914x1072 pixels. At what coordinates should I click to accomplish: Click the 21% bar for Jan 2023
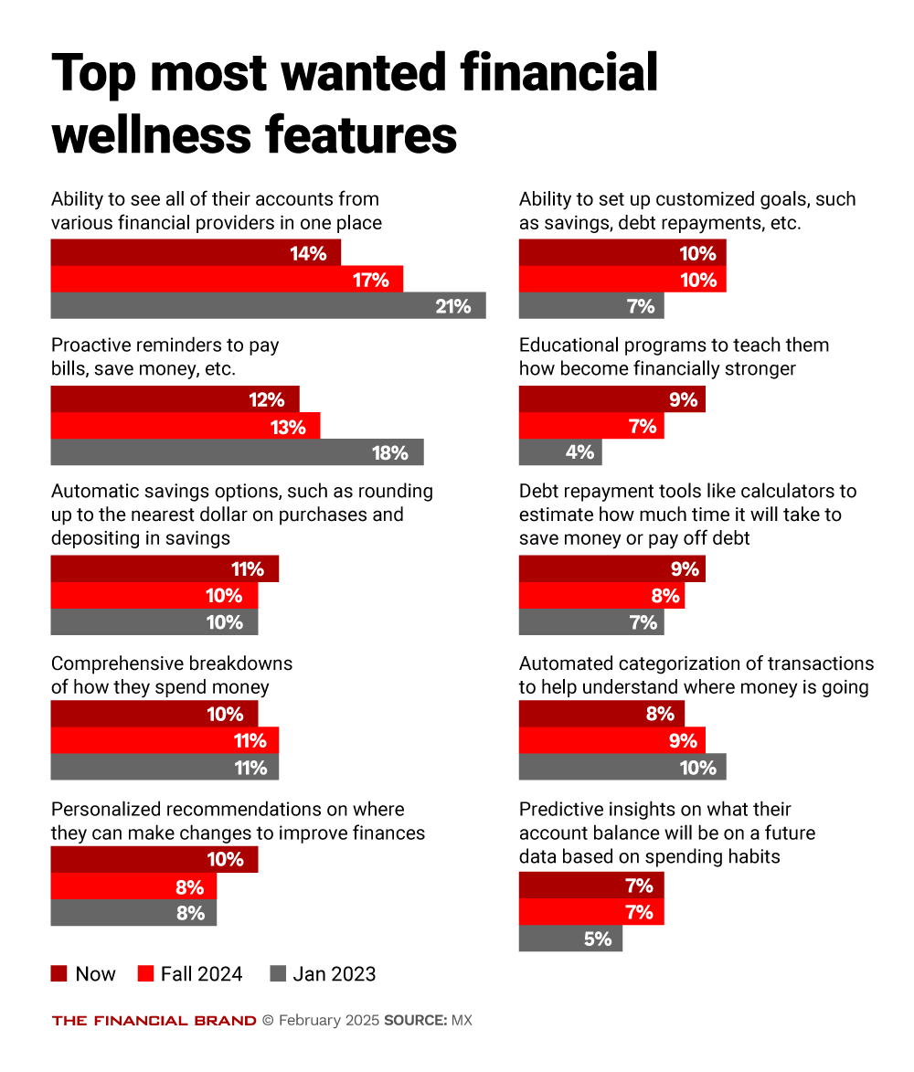pyautogui.click(x=268, y=306)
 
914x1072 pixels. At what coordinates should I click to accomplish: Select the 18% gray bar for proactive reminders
pyautogui.click(x=237, y=452)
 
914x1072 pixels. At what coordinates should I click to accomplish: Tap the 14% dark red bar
pyautogui.click(x=196, y=253)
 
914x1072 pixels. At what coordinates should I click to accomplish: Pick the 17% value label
pyautogui.click(x=371, y=280)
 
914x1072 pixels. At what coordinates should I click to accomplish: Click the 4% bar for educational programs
pyautogui.click(x=560, y=452)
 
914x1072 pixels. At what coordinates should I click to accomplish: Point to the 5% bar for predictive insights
pyautogui.click(x=570, y=939)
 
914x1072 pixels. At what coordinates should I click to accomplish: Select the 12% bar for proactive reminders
pyautogui.click(x=175, y=399)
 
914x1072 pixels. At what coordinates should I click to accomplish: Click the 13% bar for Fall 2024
pyautogui.click(x=186, y=426)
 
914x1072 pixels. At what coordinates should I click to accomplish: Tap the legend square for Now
pyautogui.click(x=59, y=974)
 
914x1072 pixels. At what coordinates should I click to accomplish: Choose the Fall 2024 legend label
pyautogui.click(x=201, y=974)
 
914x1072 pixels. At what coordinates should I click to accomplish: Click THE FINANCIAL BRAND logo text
pyautogui.click(x=154, y=1020)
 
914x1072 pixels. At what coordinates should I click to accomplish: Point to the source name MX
pyautogui.click(x=462, y=1020)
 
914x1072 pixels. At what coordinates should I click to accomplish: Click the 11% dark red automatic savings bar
pyautogui.click(x=165, y=569)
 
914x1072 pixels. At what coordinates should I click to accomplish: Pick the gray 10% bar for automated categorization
pyautogui.click(x=622, y=767)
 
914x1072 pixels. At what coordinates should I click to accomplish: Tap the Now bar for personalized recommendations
pyautogui.click(x=154, y=859)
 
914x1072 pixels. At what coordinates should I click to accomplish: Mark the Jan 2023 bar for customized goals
pyautogui.click(x=591, y=306)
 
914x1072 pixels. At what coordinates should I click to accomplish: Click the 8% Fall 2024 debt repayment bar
pyautogui.click(x=601, y=596)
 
